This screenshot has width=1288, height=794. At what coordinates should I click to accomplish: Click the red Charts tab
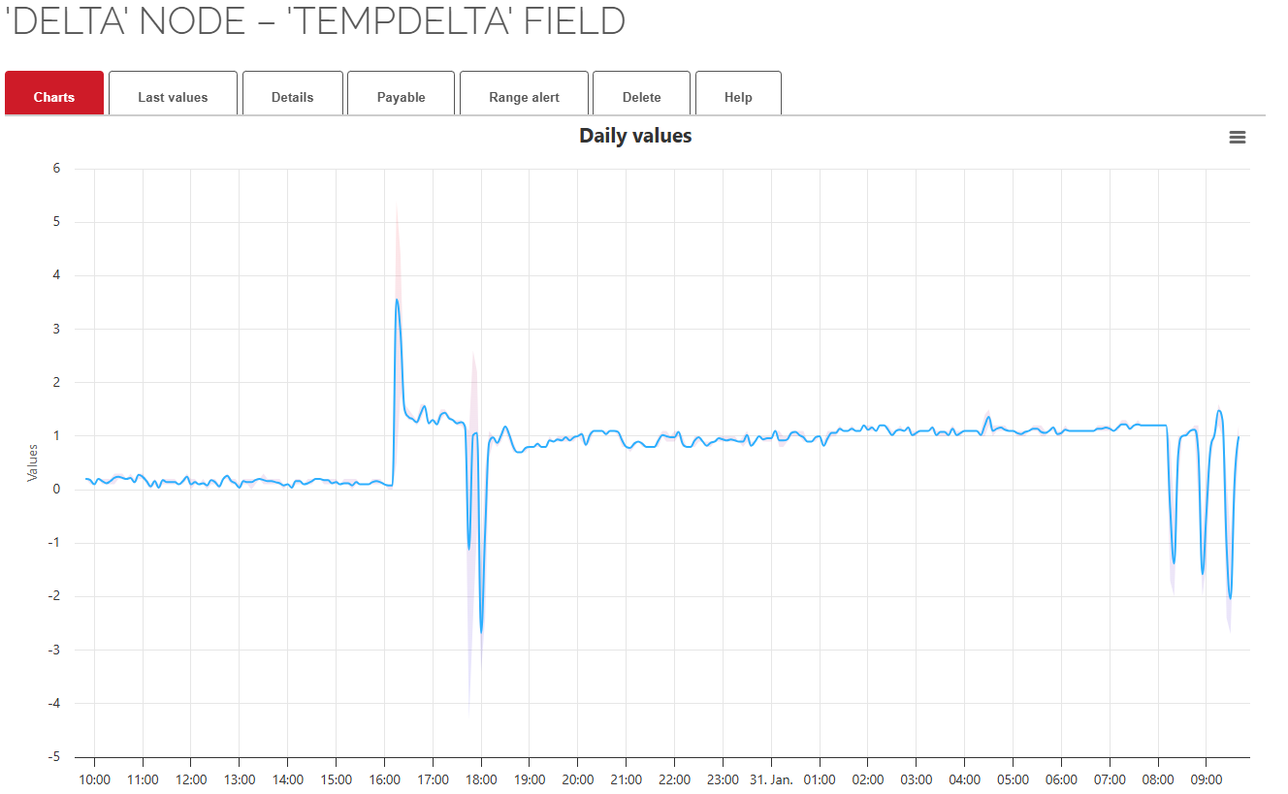coord(54,97)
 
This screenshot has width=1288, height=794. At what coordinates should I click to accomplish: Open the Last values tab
coord(173,97)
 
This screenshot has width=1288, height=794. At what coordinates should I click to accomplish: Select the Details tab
coord(292,97)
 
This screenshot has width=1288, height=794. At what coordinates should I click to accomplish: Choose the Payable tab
coord(402,97)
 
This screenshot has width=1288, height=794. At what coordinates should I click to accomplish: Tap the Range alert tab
coord(524,97)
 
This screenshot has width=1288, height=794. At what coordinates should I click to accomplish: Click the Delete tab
coord(641,97)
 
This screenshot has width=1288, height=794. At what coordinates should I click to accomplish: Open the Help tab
coord(738,97)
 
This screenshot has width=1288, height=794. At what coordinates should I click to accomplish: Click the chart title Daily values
coord(635,136)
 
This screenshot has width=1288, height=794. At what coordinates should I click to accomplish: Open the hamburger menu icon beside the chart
coord(1237,138)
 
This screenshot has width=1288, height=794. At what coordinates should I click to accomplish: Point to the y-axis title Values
coord(32,462)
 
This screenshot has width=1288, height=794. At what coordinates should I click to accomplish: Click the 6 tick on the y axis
coord(56,168)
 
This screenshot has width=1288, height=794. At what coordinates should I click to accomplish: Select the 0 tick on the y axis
coord(56,489)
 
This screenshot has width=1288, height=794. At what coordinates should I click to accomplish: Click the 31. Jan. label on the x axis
coord(772,779)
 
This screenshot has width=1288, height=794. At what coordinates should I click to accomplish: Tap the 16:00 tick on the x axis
coord(385,779)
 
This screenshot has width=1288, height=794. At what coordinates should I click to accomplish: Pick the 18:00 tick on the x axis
coord(481,779)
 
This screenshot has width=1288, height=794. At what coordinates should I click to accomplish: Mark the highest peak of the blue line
coord(397,300)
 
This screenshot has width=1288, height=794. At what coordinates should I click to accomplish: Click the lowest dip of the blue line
coord(481,632)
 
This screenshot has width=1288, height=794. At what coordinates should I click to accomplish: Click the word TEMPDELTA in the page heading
coord(398,21)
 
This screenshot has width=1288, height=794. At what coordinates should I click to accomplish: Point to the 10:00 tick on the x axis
coord(94,779)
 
